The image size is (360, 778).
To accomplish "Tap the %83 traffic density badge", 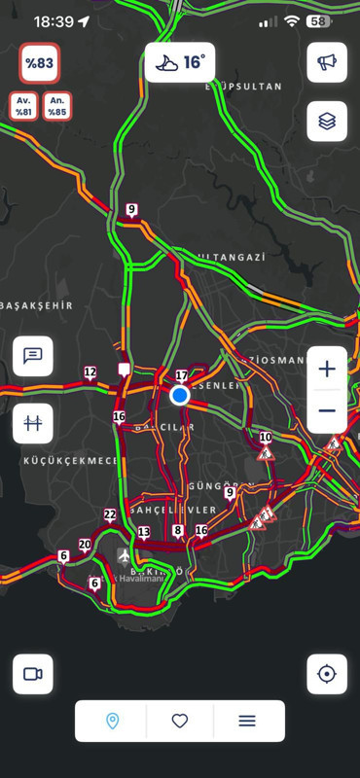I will point(41,63).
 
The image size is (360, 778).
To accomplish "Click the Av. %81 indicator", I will point(24,105).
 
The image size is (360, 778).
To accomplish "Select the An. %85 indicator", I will point(57,105).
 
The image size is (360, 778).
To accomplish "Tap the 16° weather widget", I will point(180,62).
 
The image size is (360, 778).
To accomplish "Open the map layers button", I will point(327,122).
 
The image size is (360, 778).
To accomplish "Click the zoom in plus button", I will point(327,369).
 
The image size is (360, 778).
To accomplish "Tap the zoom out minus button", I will point(327,411).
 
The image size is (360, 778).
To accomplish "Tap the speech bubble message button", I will point(33,356).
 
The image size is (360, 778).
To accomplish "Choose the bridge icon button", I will point(33,423).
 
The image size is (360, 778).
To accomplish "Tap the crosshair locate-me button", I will point(327,674).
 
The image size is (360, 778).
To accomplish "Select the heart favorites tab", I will point(180,721).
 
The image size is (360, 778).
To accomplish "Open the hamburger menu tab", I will point(247,721).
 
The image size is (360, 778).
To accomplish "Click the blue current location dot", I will point(179,396).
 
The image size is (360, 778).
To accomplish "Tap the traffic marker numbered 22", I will point(110,515).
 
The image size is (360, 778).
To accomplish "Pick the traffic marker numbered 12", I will point(90,372).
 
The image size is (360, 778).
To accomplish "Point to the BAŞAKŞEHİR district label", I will point(37,305).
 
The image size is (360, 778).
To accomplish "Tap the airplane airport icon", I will point(124,555).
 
